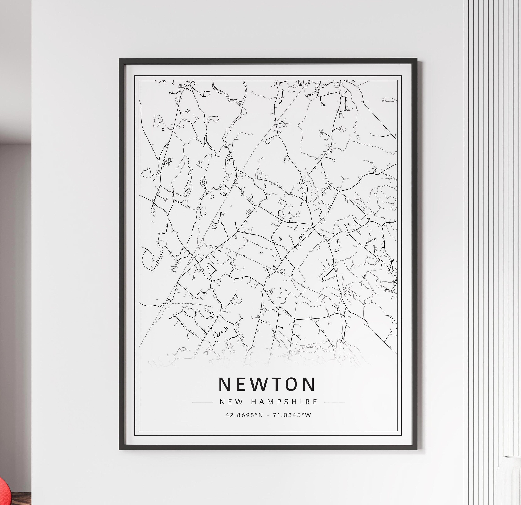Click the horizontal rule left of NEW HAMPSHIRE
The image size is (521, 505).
(x=202, y=402)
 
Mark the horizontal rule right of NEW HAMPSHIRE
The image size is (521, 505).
(x=334, y=402)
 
